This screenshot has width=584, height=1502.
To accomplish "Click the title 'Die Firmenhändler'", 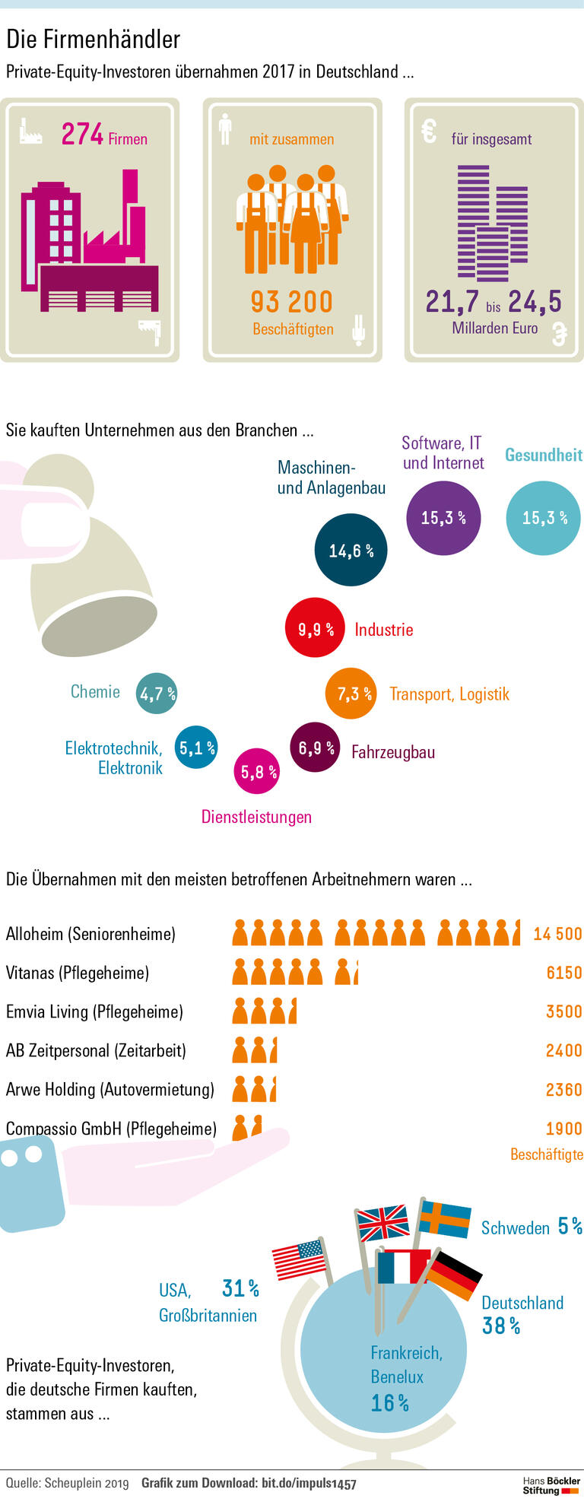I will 94,40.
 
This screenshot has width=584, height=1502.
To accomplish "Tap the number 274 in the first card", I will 82,135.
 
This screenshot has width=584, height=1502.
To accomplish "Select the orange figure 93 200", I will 292,302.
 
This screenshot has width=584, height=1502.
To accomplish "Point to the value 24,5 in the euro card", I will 535,302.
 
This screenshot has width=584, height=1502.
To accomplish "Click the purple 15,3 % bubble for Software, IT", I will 443,518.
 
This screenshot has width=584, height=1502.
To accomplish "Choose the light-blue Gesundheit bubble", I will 544,518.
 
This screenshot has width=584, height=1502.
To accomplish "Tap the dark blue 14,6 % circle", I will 351,550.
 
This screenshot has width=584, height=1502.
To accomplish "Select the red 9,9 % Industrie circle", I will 315,629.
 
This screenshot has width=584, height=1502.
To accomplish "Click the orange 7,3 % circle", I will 351,693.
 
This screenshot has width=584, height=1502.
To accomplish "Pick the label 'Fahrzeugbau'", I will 393,752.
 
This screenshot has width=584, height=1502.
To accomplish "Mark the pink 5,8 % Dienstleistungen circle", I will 256,772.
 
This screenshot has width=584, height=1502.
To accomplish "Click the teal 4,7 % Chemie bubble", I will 157,693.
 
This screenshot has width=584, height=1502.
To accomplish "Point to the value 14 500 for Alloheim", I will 557,934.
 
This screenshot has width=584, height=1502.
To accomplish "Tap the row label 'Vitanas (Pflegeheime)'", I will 78,973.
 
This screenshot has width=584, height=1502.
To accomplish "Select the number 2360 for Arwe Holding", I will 563,1090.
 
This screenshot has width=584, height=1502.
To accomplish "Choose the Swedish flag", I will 446,1219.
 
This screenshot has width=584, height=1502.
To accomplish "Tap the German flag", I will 454,1276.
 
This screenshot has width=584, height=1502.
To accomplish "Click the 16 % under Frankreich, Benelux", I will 390,1403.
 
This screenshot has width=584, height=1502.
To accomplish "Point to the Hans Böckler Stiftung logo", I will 551,1485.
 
